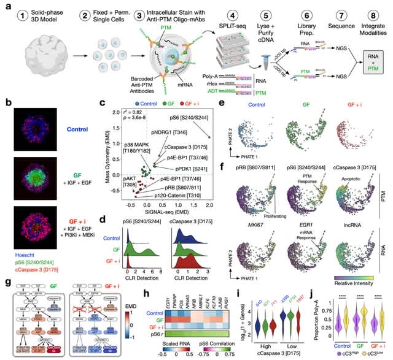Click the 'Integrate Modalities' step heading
click(x=371, y=31)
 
